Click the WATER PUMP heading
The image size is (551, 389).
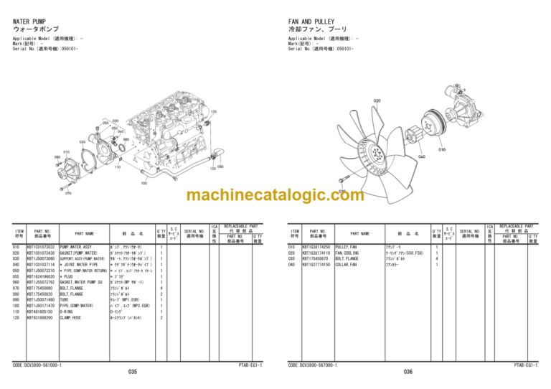click(30, 22)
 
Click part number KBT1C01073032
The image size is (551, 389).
click(41, 247)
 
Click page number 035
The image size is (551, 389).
click(133, 372)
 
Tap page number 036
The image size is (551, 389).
click(408, 372)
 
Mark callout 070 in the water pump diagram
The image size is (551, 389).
click(68, 193)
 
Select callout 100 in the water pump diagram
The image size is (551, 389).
click(144, 182)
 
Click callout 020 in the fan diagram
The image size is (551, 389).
click(377, 100)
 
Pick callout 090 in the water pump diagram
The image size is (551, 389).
click(220, 167)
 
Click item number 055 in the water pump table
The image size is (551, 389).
click(17, 276)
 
